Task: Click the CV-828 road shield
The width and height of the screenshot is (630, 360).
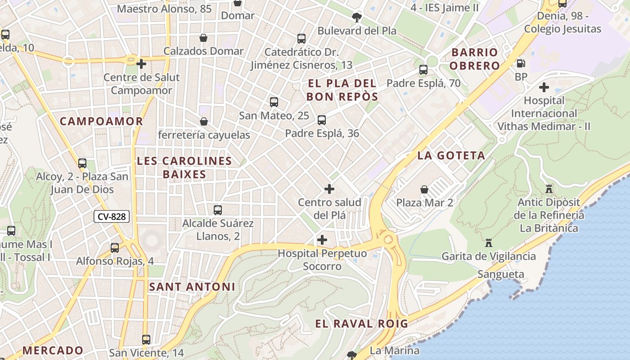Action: coord(112,216)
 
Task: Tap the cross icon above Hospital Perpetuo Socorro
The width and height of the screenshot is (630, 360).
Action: coord(322,240)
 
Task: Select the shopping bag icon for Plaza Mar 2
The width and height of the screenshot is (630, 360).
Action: coord(424,189)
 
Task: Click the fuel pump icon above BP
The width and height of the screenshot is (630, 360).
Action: coord(521,63)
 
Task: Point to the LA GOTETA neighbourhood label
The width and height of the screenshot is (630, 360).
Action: coord(451,156)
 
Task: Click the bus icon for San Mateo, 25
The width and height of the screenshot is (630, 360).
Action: coord(274,102)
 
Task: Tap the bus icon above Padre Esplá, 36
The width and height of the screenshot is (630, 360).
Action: coord(322,120)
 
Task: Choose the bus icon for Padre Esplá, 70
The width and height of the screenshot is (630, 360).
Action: coord(423,70)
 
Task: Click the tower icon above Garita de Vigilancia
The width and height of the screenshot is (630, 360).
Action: coord(489,243)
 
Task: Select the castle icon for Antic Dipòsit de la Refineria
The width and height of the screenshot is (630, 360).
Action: coord(549,189)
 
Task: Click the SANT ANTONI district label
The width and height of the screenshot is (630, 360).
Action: coord(192,287)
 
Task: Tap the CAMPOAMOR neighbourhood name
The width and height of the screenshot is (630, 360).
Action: coord(101,121)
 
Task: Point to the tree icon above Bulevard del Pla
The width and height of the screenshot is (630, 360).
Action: coord(357,18)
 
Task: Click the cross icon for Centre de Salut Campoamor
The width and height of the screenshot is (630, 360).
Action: coord(141,64)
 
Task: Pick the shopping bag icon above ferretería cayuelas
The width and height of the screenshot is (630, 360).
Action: coord(204,121)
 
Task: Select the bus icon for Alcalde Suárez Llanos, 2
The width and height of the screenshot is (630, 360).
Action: coord(218,210)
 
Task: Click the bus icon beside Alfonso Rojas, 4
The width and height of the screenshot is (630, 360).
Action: coord(115,247)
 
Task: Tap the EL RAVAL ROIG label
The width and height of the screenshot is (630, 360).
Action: coord(361,324)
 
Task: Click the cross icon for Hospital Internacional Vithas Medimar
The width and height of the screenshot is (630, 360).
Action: coord(544,87)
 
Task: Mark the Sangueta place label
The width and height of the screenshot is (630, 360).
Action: coord(500,274)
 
